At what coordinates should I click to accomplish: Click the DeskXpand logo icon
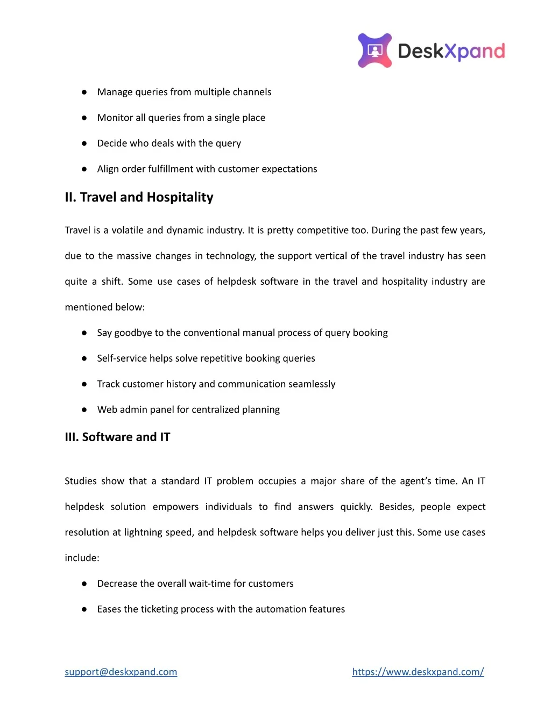375,51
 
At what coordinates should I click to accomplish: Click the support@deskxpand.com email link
121,672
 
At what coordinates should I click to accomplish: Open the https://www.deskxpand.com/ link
418,672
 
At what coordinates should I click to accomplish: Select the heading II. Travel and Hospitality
139,197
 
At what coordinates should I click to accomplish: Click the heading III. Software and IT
117,437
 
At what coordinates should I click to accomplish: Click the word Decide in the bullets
111,143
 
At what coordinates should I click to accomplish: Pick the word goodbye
133,333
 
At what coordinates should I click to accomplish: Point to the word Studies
81,481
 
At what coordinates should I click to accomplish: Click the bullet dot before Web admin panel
84,410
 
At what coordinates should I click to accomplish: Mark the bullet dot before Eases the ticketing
84,609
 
